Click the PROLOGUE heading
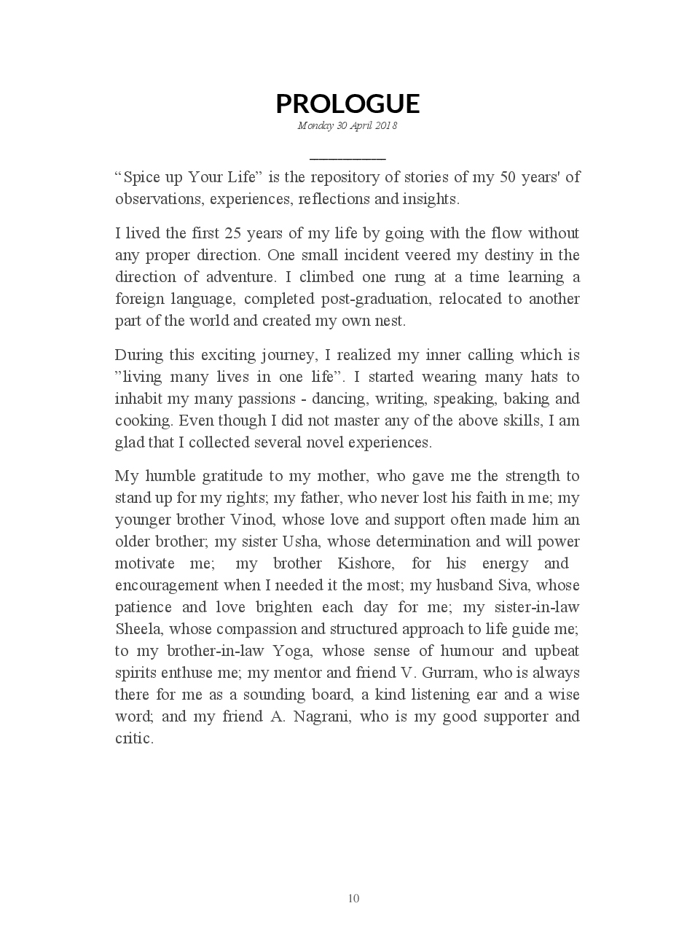click(347, 103)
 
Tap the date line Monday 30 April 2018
click(347, 125)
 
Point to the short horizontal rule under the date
click(347, 157)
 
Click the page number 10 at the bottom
click(353, 898)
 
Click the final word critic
click(134, 738)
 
